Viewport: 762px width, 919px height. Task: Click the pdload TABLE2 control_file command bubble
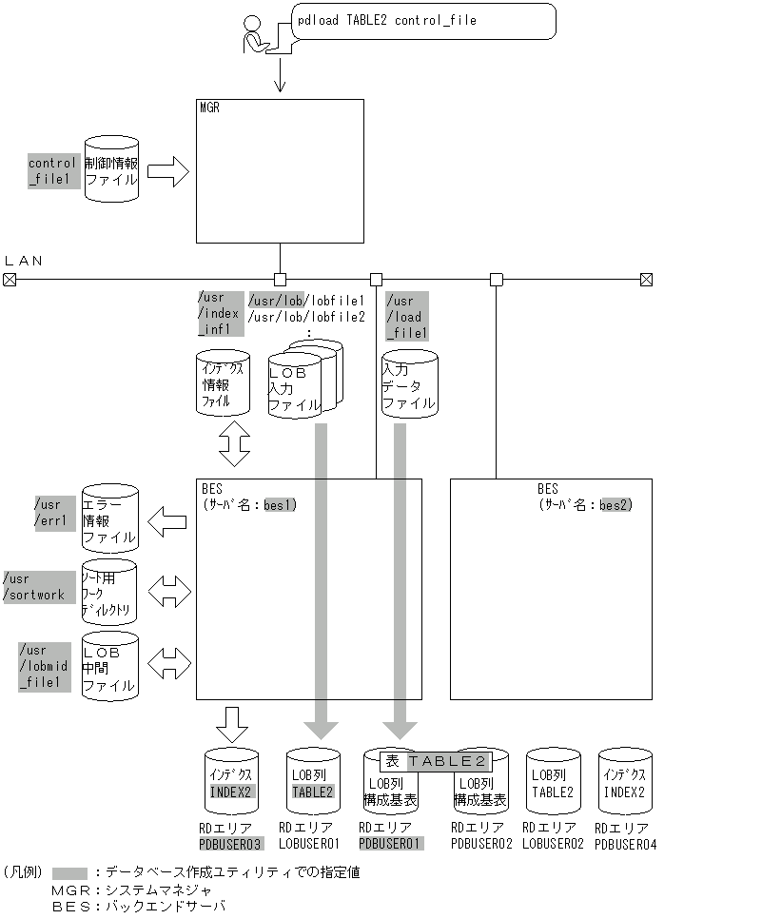(x=422, y=20)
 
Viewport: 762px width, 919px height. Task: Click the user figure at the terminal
(x=257, y=35)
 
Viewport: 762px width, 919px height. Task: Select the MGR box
(x=280, y=170)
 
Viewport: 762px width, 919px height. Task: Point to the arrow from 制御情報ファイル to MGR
(x=168, y=171)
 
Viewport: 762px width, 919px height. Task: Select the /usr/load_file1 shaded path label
(x=406, y=317)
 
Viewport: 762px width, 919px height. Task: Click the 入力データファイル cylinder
(x=410, y=384)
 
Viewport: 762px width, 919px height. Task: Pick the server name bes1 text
(x=281, y=504)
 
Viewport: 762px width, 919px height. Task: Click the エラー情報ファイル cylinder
(x=109, y=519)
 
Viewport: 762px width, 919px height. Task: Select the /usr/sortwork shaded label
(x=38, y=586)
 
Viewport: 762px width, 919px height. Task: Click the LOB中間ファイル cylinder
(x=109, y=667)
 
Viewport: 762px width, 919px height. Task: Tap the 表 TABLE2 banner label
(x=437, y=761)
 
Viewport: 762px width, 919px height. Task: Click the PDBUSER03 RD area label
(x=229, y=844)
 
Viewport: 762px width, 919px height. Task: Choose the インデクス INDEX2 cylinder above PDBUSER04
(x=625, y=782)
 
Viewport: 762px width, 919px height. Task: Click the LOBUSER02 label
(x=555, y=844)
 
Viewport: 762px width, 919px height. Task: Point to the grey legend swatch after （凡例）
(x=69, y=872)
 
